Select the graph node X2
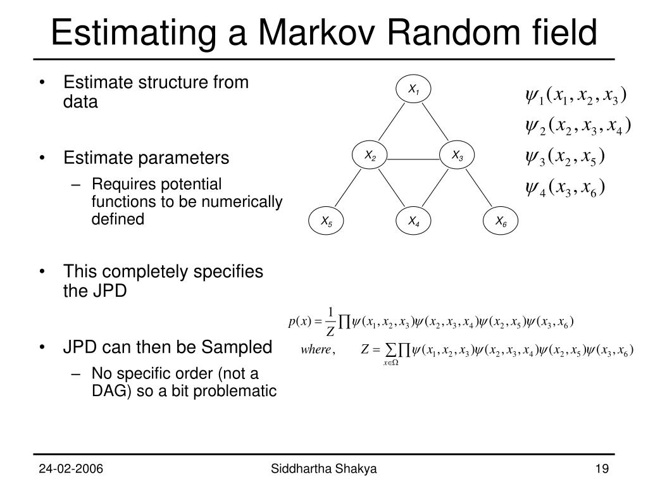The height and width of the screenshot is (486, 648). tap(370, 156)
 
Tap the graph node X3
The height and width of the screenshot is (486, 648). tap(458, 156)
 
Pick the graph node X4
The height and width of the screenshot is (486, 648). tap(414, 221)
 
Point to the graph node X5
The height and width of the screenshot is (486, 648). tap(326, 221)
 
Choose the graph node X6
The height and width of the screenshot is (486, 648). tap(501, 221)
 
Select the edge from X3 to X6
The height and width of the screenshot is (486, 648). tap(480, 189)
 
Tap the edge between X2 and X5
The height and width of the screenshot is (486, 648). tap(348, 189)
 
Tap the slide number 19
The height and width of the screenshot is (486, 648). tap(601, 469)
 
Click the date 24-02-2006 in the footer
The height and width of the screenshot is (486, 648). tap(72, 469)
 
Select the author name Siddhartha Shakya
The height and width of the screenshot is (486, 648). tap(323, 469)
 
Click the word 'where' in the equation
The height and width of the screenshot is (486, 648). tap(317, 350)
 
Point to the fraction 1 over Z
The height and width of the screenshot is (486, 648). tap(330, 322)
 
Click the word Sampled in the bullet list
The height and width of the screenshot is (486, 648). tap(237, 347)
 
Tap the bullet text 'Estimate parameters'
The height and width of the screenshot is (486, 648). tap(146, 158)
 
